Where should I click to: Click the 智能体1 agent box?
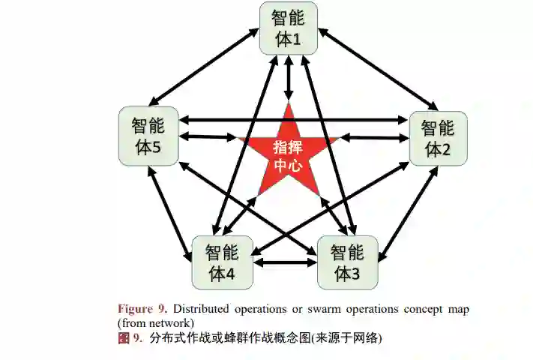coord(289,28)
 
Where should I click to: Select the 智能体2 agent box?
coord(438,138)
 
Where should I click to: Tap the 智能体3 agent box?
coord(346,262)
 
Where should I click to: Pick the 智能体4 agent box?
coord(222,262)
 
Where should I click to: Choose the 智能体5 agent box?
coord(148,136)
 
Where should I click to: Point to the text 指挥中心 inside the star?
coord(288,155)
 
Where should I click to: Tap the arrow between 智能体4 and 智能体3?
coord(284,262)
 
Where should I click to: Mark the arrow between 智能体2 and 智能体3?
coord(408,214)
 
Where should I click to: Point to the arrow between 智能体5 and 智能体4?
coord(171,214)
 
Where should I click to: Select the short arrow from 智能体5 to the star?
coord(209,137)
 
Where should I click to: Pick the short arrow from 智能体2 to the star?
coord(370,138)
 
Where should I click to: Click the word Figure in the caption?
coord(133,309)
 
